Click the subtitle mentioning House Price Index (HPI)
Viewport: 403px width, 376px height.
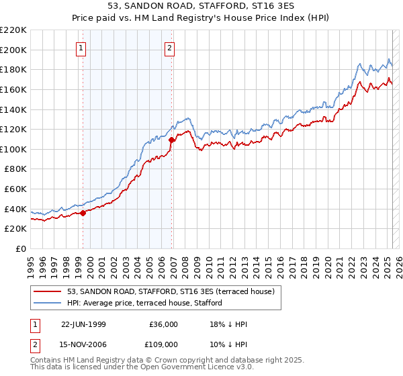(201, 19)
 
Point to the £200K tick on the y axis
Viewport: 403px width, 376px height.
(14, 50)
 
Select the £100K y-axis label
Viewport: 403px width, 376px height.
(14, 149)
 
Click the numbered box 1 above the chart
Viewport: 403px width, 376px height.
(81, 48)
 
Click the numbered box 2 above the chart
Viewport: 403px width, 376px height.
(169, 48)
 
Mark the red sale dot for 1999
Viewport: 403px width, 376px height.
(83, 213)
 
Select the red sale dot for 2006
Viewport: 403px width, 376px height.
(171, 140)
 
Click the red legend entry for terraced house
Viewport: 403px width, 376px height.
(171, 292)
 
